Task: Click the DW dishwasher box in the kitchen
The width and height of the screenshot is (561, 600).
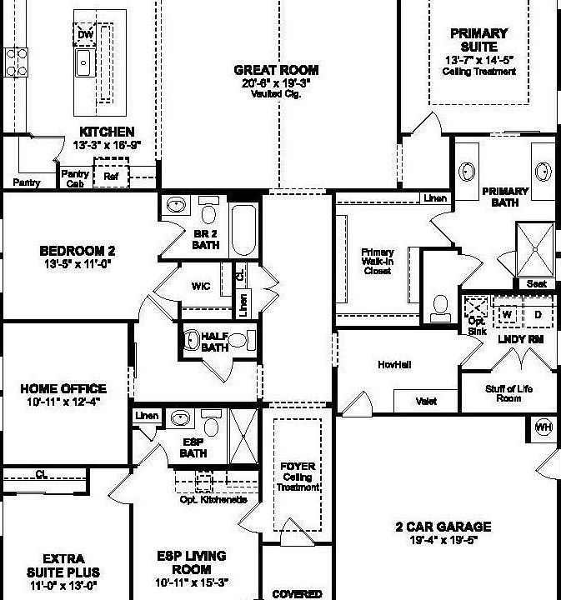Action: click(86, 35)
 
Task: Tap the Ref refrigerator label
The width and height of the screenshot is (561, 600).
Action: click(110, 177)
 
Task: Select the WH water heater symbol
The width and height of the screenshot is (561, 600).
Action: click(543, 427)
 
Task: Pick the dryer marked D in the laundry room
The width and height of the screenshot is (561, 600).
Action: click(538, 315)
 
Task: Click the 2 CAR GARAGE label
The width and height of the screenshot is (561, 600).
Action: click(443, 527)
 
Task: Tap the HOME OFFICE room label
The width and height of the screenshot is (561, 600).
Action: click(63, 388)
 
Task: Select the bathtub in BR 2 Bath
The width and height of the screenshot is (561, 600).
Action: click(245, 229)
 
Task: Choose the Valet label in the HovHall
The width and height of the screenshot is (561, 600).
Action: click(426, 401)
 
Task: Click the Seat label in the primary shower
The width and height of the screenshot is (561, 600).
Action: click(537, 284)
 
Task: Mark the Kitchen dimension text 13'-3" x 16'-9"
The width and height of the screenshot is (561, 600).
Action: click(107, 145)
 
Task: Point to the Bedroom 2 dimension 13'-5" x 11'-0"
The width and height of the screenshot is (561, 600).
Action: click(76, 264)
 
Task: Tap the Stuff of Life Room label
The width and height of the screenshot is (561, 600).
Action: click(508, 393)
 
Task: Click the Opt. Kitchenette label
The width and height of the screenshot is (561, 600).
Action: click(213, 499)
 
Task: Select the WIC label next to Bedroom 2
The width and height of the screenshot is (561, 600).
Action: click(200, 287)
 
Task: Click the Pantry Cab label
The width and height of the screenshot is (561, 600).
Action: click(75, 178)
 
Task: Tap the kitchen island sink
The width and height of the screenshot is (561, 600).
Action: click(83, 62)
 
